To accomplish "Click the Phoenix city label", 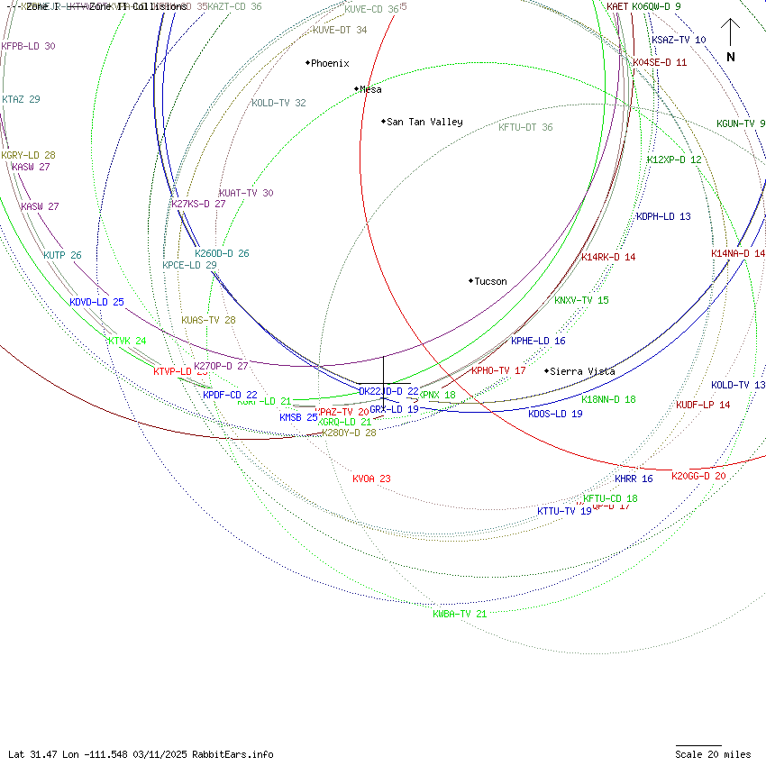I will click(x=330, y=63).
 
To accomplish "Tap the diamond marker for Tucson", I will click(x=470, y=281).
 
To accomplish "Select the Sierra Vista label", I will click(x=582, y=371).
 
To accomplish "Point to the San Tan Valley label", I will click(x=424, y=122).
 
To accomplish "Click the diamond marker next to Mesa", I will click(x=356, y=88).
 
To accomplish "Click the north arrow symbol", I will click(x=731, y=40).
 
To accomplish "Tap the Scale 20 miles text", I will click(x=713, y=754).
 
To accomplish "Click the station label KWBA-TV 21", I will click(x=460, y=614).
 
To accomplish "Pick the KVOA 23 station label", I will click(x=371, y=479).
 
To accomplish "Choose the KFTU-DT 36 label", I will click(x=525, y=127).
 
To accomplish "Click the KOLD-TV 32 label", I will click(x=278, y=103).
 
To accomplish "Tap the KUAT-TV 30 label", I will click(x=246, y=193).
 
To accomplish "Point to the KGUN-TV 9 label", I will click(x=741, y=123).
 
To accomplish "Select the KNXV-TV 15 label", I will click(x=581, y=300).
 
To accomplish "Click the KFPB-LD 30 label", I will click(x=28, y=46).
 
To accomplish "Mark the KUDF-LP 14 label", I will click(x=703, y=405).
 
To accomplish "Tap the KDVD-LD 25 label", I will click(x=96, y=302).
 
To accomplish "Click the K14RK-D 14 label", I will click(x=608, y=257).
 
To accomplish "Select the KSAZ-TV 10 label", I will click(x=679, y=41).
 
